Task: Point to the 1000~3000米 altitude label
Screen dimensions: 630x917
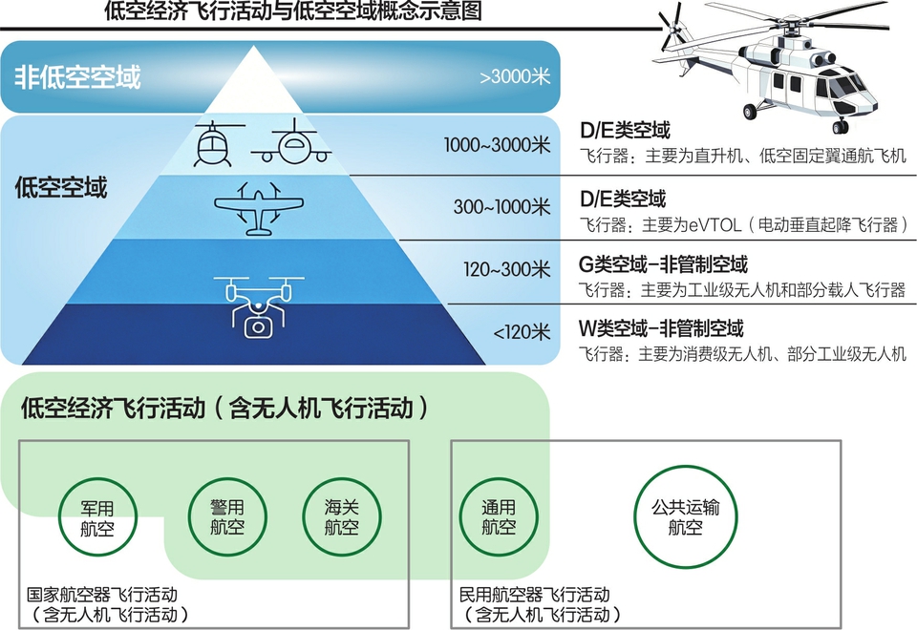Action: pos(498,145)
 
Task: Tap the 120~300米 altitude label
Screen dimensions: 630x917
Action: pos(507,270)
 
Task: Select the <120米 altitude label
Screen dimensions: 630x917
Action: pos(522,333)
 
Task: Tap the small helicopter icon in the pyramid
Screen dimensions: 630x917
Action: pos(214,144)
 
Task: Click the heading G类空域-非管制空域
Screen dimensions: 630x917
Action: pos(663,264)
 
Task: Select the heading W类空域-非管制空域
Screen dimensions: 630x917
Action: pos(661,329)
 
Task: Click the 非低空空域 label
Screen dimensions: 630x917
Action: pos(77,77)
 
